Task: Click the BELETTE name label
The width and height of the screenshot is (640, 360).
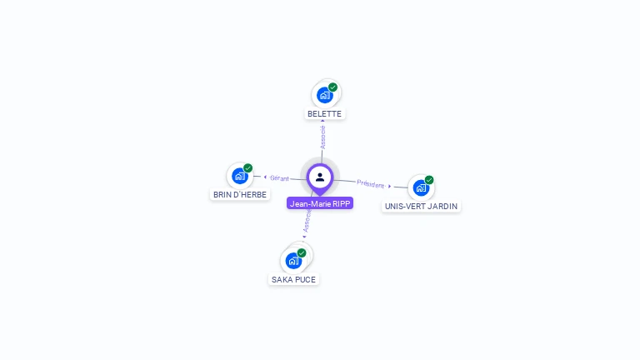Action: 324,114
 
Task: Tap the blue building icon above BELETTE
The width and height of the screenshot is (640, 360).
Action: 324,96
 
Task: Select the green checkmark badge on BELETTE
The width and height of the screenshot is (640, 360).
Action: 333,87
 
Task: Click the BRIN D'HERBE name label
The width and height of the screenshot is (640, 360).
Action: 240,195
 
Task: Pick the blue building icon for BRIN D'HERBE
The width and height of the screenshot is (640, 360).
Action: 240,176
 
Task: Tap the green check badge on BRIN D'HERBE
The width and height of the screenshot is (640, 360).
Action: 247,167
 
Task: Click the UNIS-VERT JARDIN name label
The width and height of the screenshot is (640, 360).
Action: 421,206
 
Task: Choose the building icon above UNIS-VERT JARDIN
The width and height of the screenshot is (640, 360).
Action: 421,187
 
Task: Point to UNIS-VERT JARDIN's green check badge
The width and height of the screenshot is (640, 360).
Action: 429,180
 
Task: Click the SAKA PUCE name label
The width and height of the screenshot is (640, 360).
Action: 293,280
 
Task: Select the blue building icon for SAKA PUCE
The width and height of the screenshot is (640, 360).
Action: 293,260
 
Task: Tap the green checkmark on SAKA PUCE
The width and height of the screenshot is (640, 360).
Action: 302,252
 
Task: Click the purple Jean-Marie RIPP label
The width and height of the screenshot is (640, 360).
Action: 320,203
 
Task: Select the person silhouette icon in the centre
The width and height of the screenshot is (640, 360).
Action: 320,177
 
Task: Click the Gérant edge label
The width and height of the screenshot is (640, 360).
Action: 280,178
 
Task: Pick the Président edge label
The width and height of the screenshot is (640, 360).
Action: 371,184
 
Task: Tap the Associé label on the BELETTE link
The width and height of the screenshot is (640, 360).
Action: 322,137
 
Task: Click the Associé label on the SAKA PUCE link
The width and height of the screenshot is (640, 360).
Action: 307,221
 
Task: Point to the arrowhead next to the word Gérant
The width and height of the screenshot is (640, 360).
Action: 265,177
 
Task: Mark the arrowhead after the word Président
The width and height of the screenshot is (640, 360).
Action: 390,186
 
